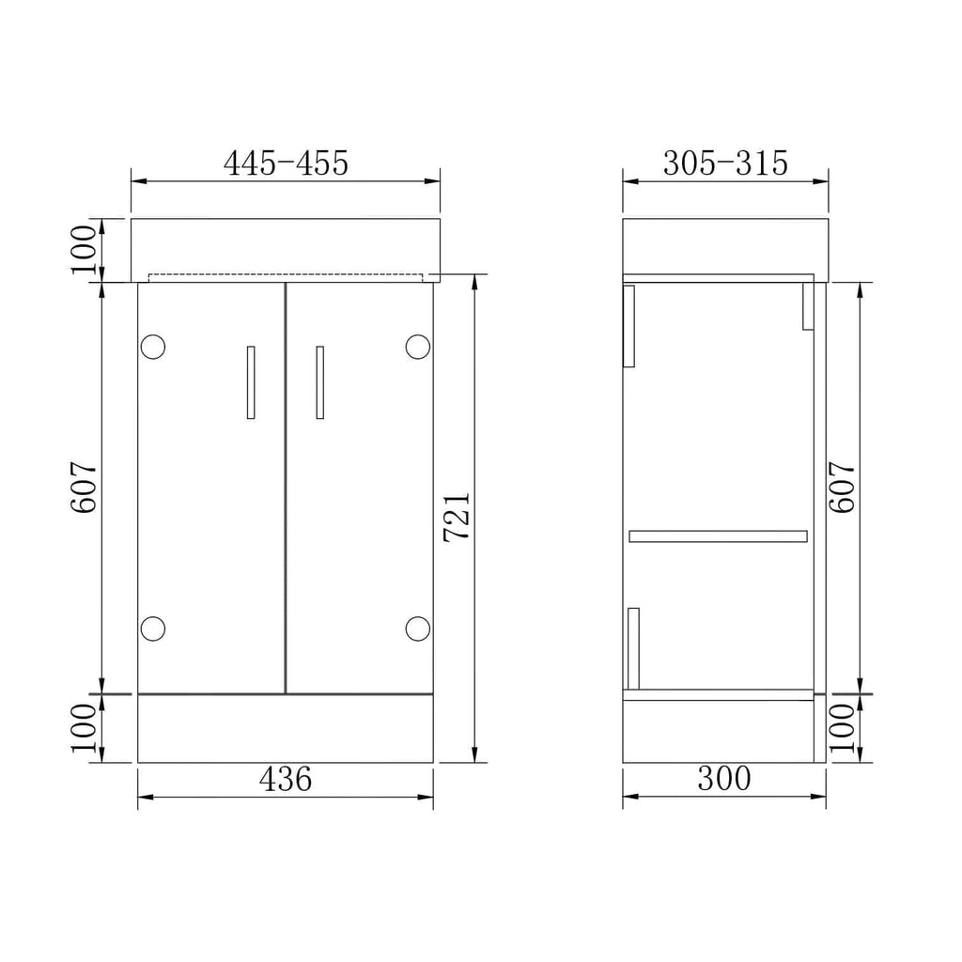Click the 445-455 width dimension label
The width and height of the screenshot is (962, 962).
tap(286, 163)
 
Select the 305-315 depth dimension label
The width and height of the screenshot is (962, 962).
tap(725, 163)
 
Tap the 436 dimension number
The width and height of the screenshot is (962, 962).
tap(285, 779)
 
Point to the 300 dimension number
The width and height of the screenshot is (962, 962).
tap(724, 779)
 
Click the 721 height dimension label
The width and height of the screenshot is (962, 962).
tap(457, 516)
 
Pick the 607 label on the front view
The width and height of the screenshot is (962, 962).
tap(84, 487)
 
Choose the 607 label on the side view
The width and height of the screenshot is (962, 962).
tap(843, 487)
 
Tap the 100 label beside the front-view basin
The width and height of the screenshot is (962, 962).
tap(84, 249)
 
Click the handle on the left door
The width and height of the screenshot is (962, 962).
tap(250, 381)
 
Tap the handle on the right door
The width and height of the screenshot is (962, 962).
tap(319, 381)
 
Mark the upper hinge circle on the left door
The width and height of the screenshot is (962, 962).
tap(152, 347)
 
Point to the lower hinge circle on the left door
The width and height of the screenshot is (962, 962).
tap(152, 627)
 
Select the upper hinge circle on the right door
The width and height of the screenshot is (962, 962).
tap(417, 347)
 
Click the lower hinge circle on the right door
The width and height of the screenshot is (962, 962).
tap(417, 627)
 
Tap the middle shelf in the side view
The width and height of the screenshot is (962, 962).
tap(718, 536)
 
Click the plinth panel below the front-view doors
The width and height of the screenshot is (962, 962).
tap(285, 728)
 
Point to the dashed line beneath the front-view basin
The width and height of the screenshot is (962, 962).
tap(285, 275)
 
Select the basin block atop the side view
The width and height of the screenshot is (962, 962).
tap(725, 248)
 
